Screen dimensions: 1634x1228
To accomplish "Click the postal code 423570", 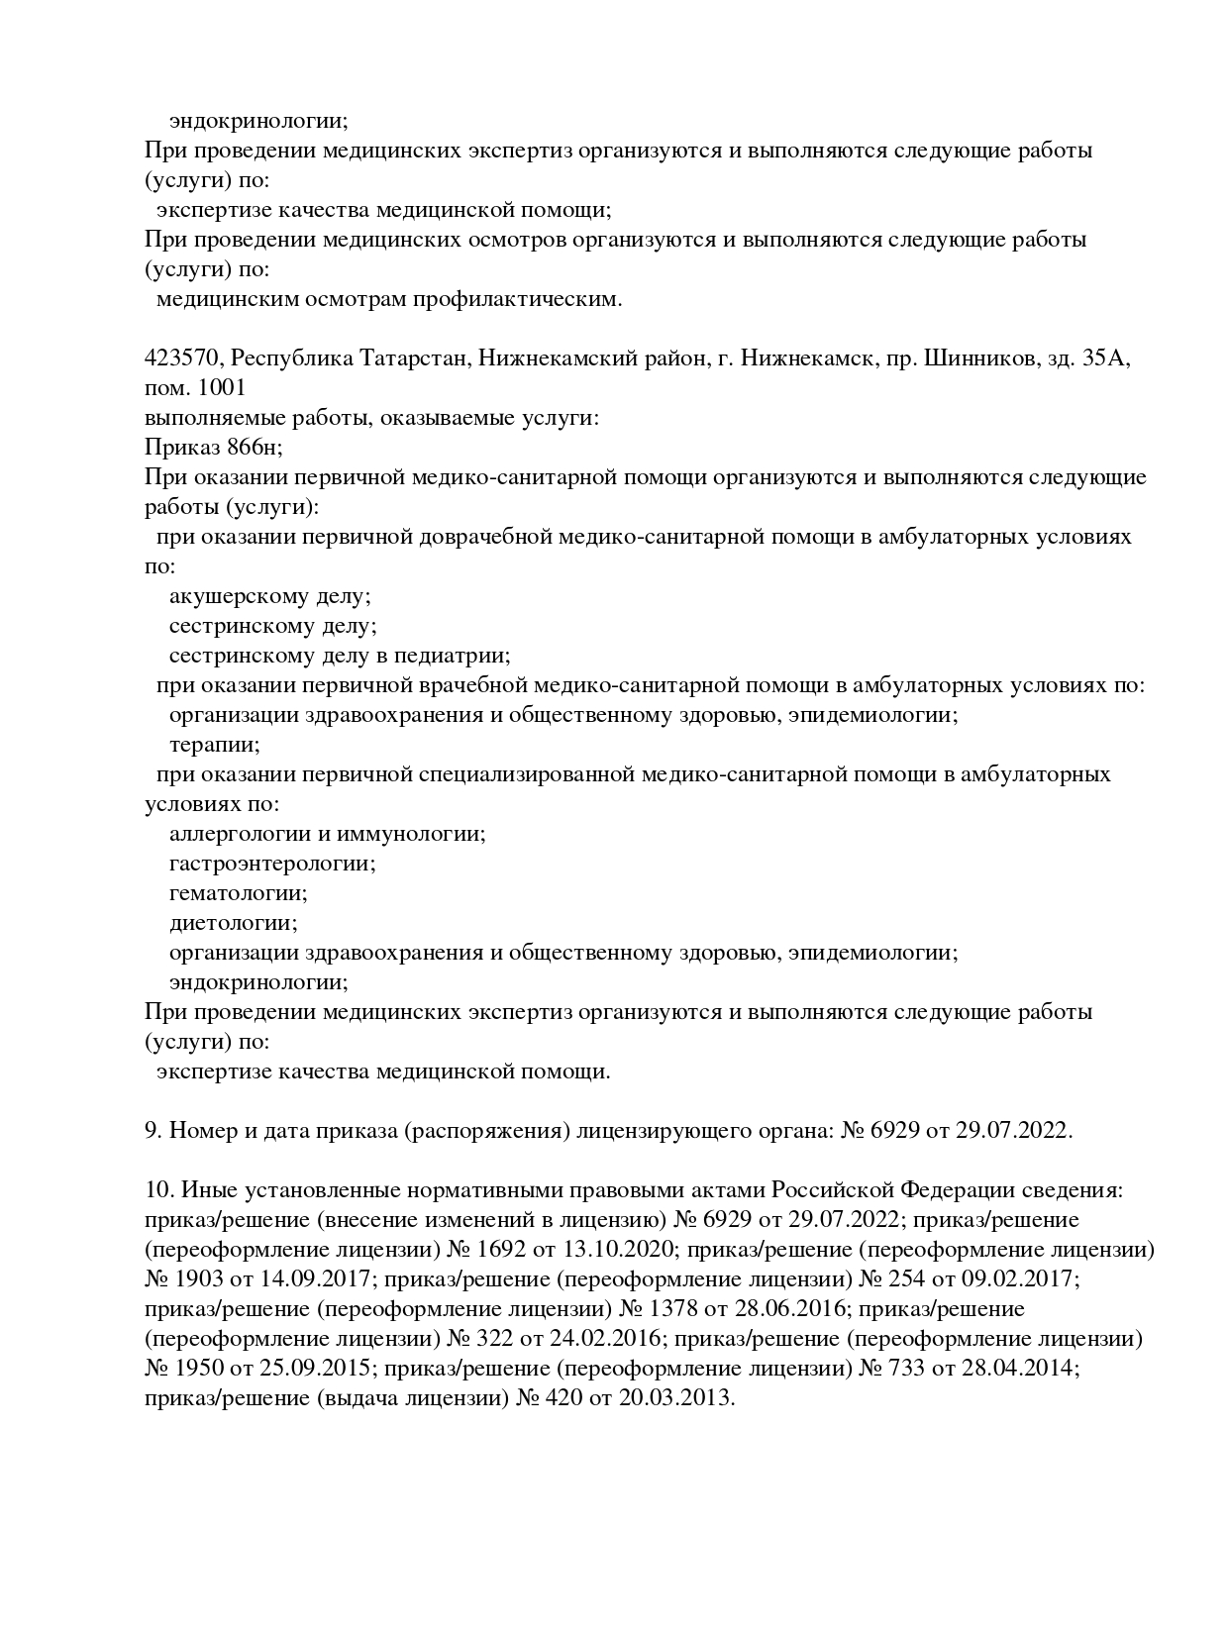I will click(x=181, y=357).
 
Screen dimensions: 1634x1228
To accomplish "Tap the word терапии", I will click(x=214, y=745).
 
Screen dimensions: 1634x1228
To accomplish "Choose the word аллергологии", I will click(x=237, y=834).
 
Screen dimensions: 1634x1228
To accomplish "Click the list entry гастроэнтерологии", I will click(x=271, y=864).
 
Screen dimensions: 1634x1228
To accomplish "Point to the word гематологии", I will click(x=238, y=893).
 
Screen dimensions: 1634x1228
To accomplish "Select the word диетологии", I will click(x=233, y=923).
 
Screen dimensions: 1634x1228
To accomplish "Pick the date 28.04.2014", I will click(x=1016, y=1368).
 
